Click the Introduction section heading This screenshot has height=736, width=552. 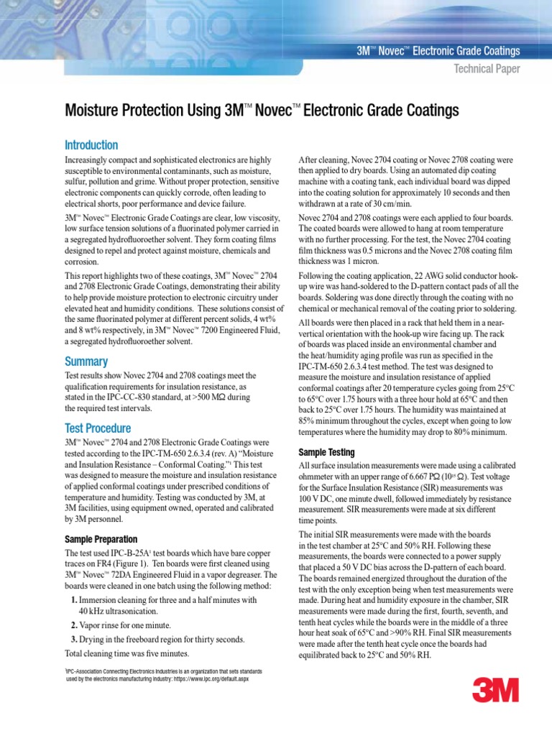click(91, 145)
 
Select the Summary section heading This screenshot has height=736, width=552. click(86, 362)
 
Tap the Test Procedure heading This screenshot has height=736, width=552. click(98, 428)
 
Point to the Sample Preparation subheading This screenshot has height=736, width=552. click(102, 539)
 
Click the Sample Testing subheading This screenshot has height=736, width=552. click(326, 453)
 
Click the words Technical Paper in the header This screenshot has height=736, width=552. click(485, 69)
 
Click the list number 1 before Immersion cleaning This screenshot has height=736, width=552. click(74, 599)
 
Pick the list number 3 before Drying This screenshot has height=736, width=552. click(74, 639)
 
